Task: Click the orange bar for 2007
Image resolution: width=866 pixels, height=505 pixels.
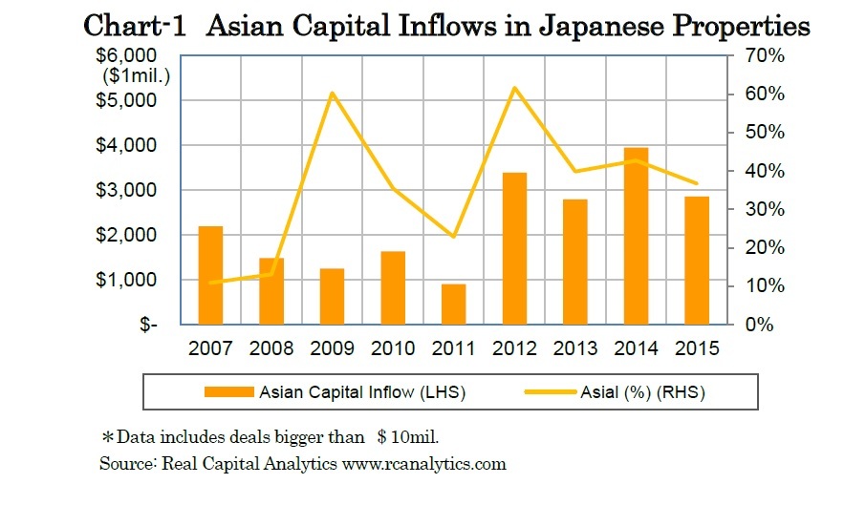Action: pos(210,275)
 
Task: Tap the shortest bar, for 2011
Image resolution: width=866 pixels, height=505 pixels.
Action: pos(454,304)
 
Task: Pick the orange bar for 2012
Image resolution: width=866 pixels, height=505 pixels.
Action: pos(514,248)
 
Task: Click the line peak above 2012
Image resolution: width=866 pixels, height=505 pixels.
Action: pos(514,88)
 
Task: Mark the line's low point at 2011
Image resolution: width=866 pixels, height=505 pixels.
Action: pos(454,237)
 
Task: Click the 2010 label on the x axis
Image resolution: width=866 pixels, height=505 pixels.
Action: pos(393,348)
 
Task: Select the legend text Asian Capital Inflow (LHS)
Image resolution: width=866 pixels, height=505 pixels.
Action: pos(361,391)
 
